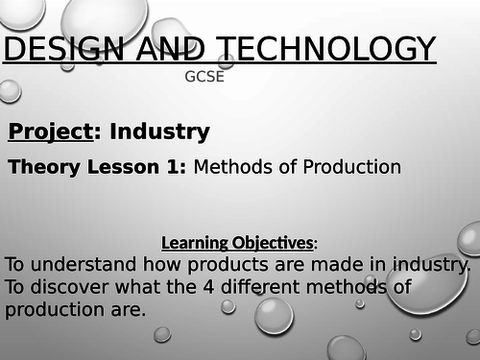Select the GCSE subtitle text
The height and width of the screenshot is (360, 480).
click(204, 77)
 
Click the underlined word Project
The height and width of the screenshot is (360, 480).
click(48, 132)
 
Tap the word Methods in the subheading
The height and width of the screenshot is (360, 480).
click(230, 167)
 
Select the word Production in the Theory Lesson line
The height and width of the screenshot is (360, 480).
click(345, 167)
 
